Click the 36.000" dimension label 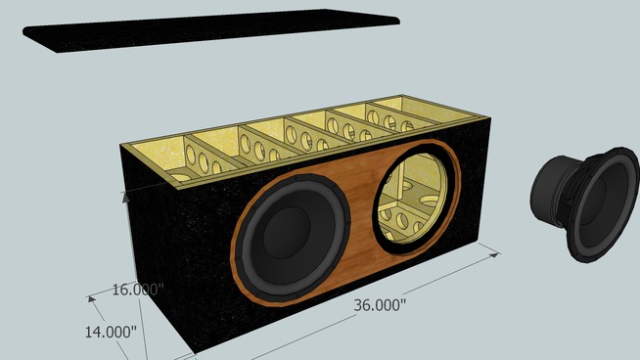coord(380,305)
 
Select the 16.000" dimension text coord(138,290)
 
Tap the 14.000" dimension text coord(111,332)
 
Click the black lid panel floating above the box coord(211,29)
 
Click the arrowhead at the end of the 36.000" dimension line coord(495,254)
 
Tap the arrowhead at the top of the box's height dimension coord(125,197)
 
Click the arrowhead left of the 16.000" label coord(92,299)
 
